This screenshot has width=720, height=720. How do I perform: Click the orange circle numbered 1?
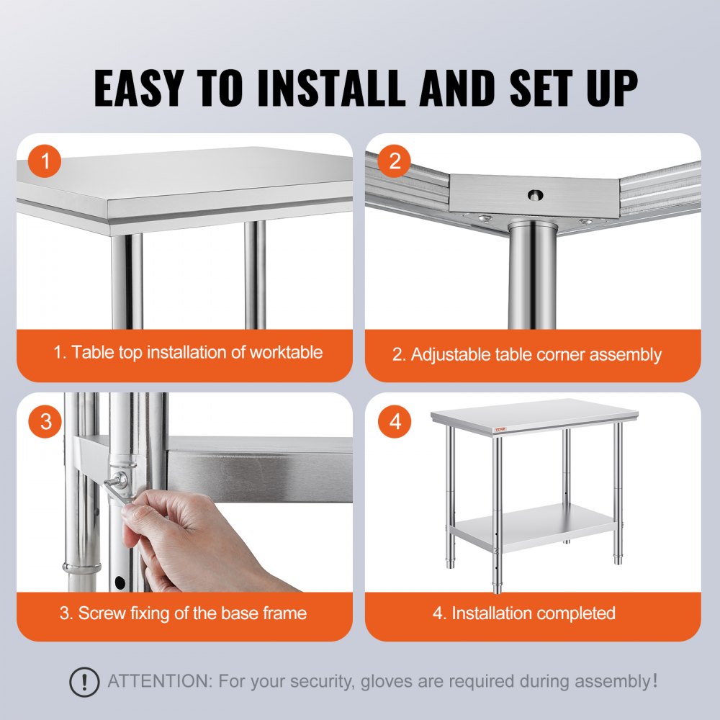47,162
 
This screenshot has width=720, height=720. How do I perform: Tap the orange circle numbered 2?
395,162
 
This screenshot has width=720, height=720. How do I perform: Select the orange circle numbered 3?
47,421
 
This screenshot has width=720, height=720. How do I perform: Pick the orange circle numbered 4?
395,421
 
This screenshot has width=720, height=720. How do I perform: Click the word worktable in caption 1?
286,352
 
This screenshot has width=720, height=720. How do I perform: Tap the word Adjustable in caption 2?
450,354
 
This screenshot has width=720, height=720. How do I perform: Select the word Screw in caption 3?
101,613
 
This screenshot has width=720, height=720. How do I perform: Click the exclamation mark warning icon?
85,680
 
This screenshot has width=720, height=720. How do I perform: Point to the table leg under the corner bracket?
532,274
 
